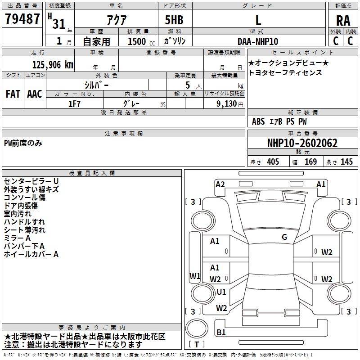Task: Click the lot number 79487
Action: click(22, 18)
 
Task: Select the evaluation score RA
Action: click(343, 21)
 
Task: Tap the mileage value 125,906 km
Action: click(53, 65)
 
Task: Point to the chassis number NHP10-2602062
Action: click(302, 143)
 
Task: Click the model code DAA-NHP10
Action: click(258, 41)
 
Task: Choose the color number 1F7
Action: click(74, 104)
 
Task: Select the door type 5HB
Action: click(174, 20)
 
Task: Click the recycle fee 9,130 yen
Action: click(230, 104)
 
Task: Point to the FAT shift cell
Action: click(13, 94)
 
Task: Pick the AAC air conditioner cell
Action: click(35, 94)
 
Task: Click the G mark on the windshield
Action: click(284, 237)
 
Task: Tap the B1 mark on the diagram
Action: click(221, 332)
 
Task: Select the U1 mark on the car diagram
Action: click(221, 292)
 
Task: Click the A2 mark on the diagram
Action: click(220, 184)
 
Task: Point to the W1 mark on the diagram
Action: click(195, 276)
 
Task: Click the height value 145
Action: click(346, 162)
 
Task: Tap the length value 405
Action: click(273, 162)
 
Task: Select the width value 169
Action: click(310, 162)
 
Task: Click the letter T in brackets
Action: click(197, 344)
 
